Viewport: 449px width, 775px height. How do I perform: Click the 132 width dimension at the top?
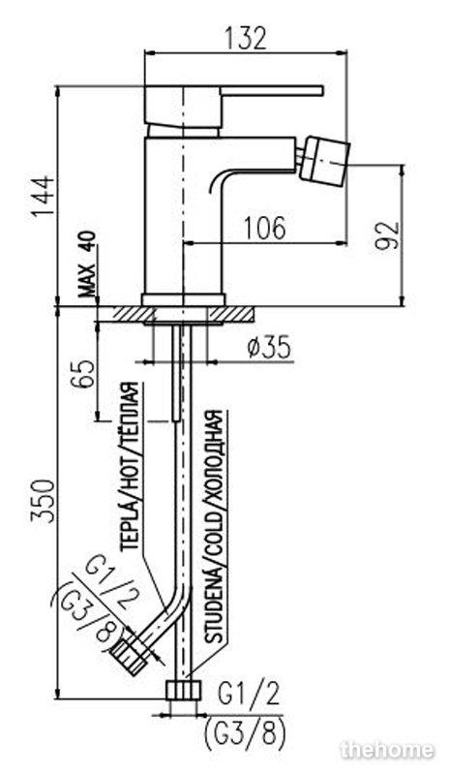[x=245, y=39]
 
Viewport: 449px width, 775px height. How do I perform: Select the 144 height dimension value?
[x=43, y=197]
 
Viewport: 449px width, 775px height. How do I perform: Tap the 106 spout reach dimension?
[x=264, y=228]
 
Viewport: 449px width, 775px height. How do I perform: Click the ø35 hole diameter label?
[x=269, y=349]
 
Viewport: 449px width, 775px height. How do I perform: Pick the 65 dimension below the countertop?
[x=83, y=374]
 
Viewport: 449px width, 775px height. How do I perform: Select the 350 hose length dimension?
[x=43, y=500]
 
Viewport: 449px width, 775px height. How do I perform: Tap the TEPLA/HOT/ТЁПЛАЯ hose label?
[x=130, y=467]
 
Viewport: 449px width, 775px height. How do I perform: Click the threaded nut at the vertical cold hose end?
[x=184, y=690]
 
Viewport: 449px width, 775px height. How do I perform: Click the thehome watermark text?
[x=387, y=750]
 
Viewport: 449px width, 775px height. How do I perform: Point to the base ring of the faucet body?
[x=183, y=300]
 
